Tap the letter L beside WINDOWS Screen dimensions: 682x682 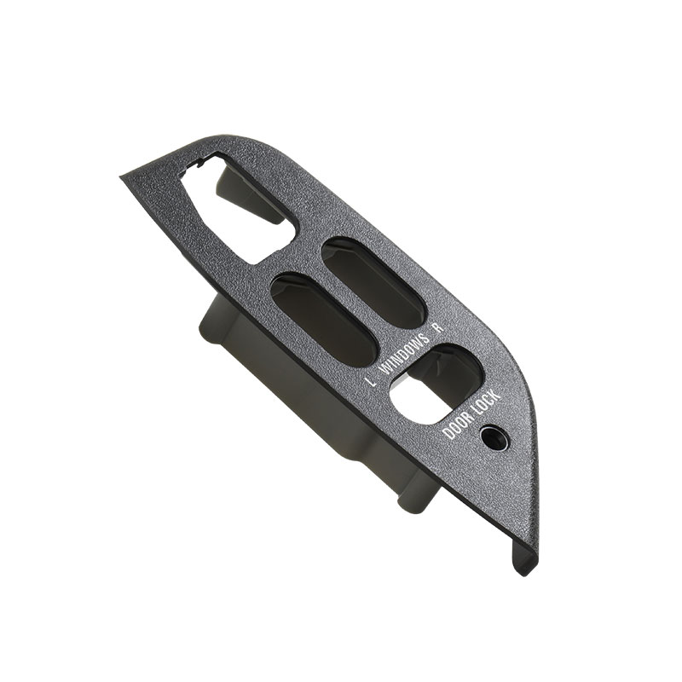point(371,382)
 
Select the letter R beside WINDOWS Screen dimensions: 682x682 point(439,327)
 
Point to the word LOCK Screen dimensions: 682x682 point(488,402)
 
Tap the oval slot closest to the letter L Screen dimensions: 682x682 point(323,320)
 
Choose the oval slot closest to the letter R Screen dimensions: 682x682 point(373,284)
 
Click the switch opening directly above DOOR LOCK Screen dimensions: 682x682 point(436,384)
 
